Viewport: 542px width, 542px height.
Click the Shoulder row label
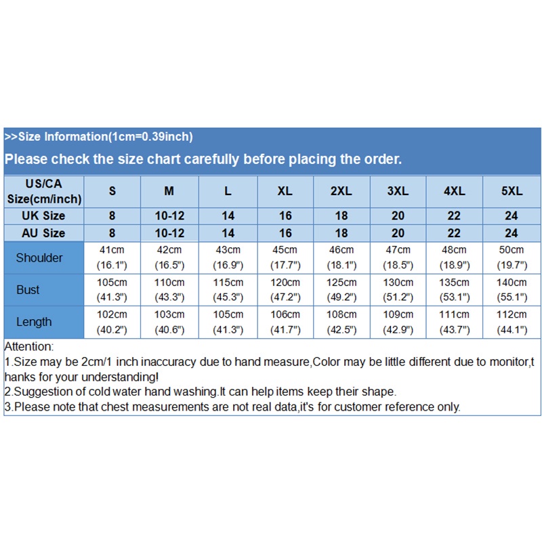click(39, 257)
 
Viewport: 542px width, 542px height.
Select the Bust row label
click(28, 290)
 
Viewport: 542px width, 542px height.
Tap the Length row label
click(34, 322)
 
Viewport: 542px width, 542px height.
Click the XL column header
click(285, 191)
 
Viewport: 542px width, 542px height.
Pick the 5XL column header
click(512, 191)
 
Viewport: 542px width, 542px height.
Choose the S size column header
click(112, 191)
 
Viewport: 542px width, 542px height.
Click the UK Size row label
click(45, 215)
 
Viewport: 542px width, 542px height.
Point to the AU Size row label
click(45, 233)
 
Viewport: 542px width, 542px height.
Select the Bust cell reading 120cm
click(285, 289)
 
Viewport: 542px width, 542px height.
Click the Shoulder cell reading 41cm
click(112, 257)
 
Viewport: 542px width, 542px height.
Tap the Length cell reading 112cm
click(512, 322)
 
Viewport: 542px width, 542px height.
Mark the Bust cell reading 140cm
click(512, 289)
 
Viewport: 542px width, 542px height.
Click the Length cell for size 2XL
click(341, 322)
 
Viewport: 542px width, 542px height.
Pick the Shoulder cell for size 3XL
click(398, 257)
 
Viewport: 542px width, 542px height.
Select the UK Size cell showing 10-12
click(169, 215)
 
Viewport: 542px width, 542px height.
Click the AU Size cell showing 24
click(512, 233)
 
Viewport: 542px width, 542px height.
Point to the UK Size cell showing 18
click(341, 215)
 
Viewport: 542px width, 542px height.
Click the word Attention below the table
click(28, 347)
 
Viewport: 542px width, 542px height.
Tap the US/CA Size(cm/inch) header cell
click(45, 191)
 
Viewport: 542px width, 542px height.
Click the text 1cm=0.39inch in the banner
click(150, 137)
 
